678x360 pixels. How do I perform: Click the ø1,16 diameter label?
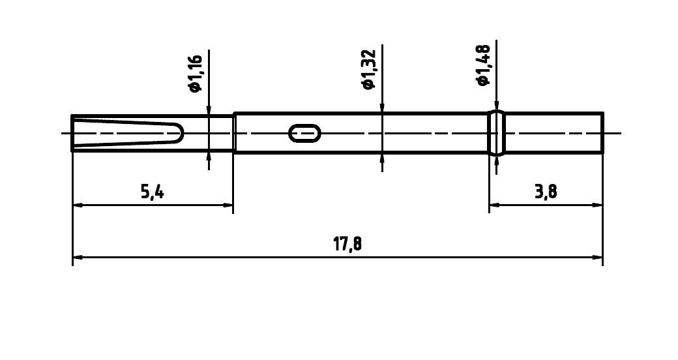196,74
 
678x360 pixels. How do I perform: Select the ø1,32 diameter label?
369,69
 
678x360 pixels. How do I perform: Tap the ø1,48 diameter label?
483,66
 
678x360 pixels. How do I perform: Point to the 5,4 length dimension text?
151,192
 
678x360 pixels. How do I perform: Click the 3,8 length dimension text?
546,192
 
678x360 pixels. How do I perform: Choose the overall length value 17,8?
347,245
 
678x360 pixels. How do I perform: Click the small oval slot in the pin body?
304,133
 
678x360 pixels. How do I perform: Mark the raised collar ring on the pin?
497,133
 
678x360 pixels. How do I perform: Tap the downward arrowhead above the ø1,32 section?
382,108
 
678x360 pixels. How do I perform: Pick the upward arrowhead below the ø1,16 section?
209,156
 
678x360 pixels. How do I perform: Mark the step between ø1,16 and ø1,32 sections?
234,133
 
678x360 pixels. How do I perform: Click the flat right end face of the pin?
602,133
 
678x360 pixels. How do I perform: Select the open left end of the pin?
72,133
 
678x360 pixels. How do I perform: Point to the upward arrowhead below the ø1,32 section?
382,158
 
